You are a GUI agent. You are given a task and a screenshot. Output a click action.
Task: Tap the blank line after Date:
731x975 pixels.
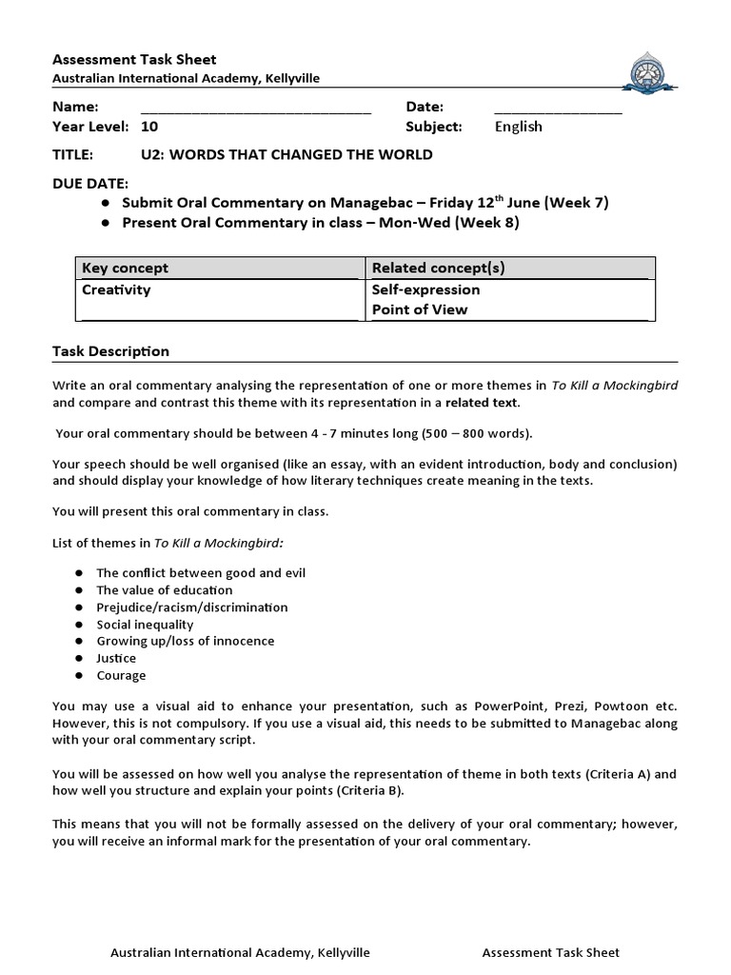[558, 108]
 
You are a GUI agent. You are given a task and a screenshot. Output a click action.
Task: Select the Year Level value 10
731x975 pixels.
[149, 126]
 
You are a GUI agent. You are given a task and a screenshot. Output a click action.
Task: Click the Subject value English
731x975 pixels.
[519, 126]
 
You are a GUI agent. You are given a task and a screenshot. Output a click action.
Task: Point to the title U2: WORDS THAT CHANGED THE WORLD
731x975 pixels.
[286, 154]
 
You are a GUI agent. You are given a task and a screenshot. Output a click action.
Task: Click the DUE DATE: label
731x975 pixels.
[89, 183]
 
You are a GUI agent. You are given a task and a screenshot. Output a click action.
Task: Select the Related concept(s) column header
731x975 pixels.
[439, 268]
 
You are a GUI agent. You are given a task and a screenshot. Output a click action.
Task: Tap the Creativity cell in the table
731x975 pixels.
[116, 289]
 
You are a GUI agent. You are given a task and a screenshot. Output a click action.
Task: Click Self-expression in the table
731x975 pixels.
[425, 289]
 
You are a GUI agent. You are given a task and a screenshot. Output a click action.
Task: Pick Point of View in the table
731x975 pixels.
[420, 309]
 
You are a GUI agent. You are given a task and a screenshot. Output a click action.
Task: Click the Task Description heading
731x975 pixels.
[110, 351]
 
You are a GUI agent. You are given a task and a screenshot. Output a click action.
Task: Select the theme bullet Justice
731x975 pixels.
[116, 658]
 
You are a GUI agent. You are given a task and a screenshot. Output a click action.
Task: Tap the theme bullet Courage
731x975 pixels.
[121, 675]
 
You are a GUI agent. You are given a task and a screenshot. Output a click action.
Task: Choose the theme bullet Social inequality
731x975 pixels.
[145, 625]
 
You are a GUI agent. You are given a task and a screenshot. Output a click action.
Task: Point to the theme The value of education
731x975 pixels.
[164, 590]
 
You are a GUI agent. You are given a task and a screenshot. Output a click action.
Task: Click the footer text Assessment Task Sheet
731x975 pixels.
[551, 952]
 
